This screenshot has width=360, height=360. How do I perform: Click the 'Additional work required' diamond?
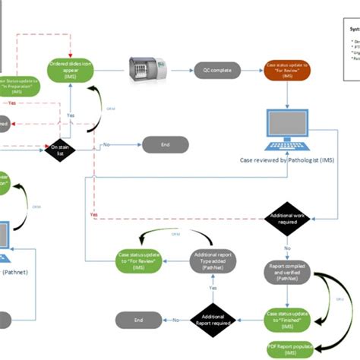pos(286,220)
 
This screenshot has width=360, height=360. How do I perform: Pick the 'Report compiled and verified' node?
pos(287,272)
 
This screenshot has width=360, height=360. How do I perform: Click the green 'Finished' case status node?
pos(287,317)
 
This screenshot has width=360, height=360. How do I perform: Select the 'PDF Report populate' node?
pos(287,349)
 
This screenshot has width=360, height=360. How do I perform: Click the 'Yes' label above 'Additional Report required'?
pos(212,289)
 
